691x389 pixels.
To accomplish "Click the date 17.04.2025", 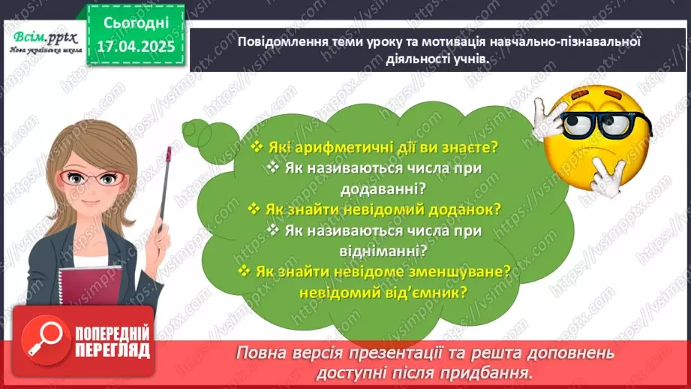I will coord(136,46).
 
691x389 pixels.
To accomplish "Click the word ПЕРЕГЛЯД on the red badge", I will coord(113,350).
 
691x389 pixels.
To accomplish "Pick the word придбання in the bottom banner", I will coord(491,372).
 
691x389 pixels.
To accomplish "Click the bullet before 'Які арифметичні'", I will coord(257,147).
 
